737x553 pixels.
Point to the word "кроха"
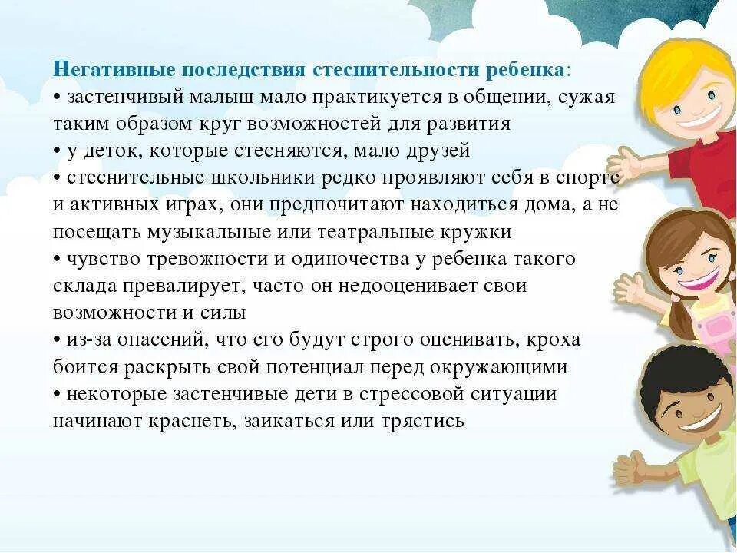click(x=555, y=339)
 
